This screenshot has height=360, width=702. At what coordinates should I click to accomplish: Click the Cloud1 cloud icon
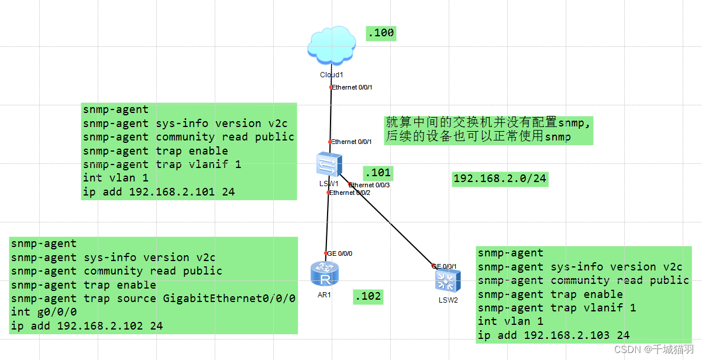331,46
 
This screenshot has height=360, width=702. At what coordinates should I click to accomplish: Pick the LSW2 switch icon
448,281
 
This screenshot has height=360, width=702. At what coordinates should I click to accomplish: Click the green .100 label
381,33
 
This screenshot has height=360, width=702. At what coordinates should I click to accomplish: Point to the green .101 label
377,173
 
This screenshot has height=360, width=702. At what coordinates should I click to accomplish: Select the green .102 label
368,296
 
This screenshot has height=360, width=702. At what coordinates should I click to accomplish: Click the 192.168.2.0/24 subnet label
500,179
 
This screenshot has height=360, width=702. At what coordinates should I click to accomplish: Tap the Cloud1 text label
331,75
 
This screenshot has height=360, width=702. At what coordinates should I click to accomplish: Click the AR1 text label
324,294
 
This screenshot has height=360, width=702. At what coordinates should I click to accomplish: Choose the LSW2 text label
448,300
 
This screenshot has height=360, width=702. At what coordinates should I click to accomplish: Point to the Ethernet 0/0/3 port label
369,185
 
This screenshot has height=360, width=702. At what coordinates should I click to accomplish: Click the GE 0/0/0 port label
339,253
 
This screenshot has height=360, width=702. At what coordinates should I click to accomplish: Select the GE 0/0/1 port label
444,266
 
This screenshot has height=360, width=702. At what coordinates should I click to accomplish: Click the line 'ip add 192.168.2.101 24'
159,192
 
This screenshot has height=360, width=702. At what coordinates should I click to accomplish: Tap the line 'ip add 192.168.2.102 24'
87,326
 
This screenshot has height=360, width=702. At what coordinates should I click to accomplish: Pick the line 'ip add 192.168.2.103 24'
553,335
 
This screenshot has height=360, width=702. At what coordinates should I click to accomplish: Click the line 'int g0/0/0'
44,312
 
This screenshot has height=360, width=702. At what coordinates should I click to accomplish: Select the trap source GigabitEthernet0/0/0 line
153,299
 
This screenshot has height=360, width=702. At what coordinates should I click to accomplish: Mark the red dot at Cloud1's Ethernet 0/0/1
331,87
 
